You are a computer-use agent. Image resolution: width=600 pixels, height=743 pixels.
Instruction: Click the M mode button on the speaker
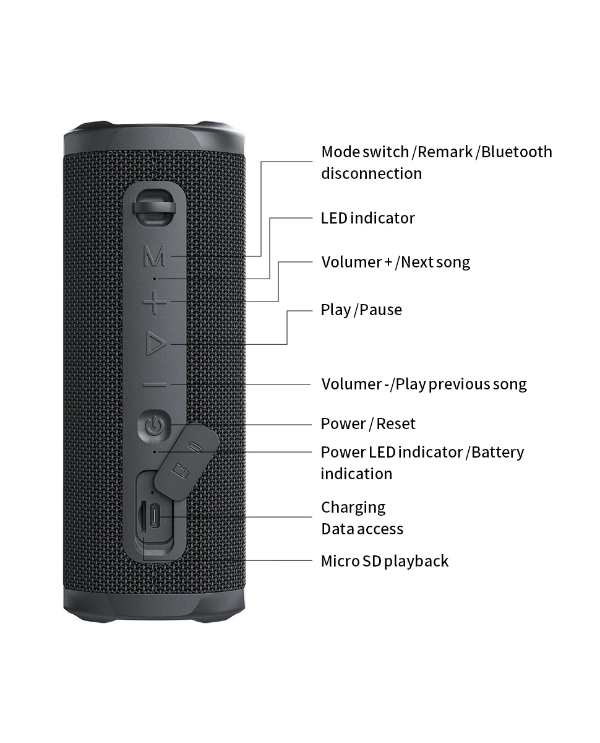click(155, 256)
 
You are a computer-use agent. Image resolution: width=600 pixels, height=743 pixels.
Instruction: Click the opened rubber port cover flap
click(187, 460)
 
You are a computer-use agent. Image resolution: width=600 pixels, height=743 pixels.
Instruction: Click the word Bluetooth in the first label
click(516, 152)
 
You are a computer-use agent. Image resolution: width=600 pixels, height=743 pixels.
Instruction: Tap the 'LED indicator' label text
click(367, 218)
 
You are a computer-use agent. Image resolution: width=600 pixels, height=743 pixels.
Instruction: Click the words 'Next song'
click(435, 262)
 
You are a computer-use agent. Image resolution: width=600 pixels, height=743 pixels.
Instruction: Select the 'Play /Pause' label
click(361, 310)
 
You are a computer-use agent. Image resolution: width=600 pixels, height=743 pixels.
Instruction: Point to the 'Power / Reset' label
click(368, 424)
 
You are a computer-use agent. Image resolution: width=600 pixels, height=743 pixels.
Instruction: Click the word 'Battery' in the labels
click(497, 452)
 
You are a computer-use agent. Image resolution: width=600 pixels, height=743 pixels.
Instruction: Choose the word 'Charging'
click(353, 507)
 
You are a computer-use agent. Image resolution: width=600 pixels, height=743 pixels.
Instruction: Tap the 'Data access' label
click(362, 529)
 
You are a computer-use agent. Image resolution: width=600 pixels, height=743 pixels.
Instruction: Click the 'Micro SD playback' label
click(384, 561)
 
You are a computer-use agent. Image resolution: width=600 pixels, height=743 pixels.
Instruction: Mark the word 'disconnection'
click(371, 173)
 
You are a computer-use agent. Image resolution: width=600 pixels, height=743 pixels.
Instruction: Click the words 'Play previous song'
click(461, 384)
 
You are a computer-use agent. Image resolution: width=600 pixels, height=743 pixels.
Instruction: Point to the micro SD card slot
click(144, 515)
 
